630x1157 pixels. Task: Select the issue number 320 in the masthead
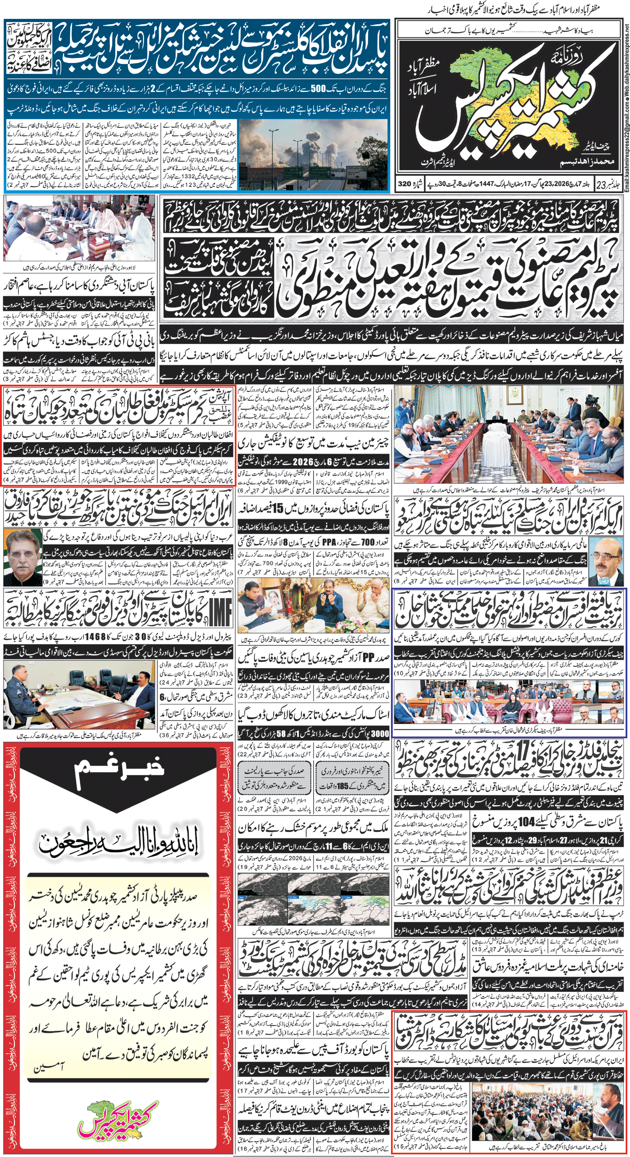click(x=405, y=184)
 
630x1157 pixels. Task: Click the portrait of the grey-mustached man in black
click(x=22, y=558)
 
